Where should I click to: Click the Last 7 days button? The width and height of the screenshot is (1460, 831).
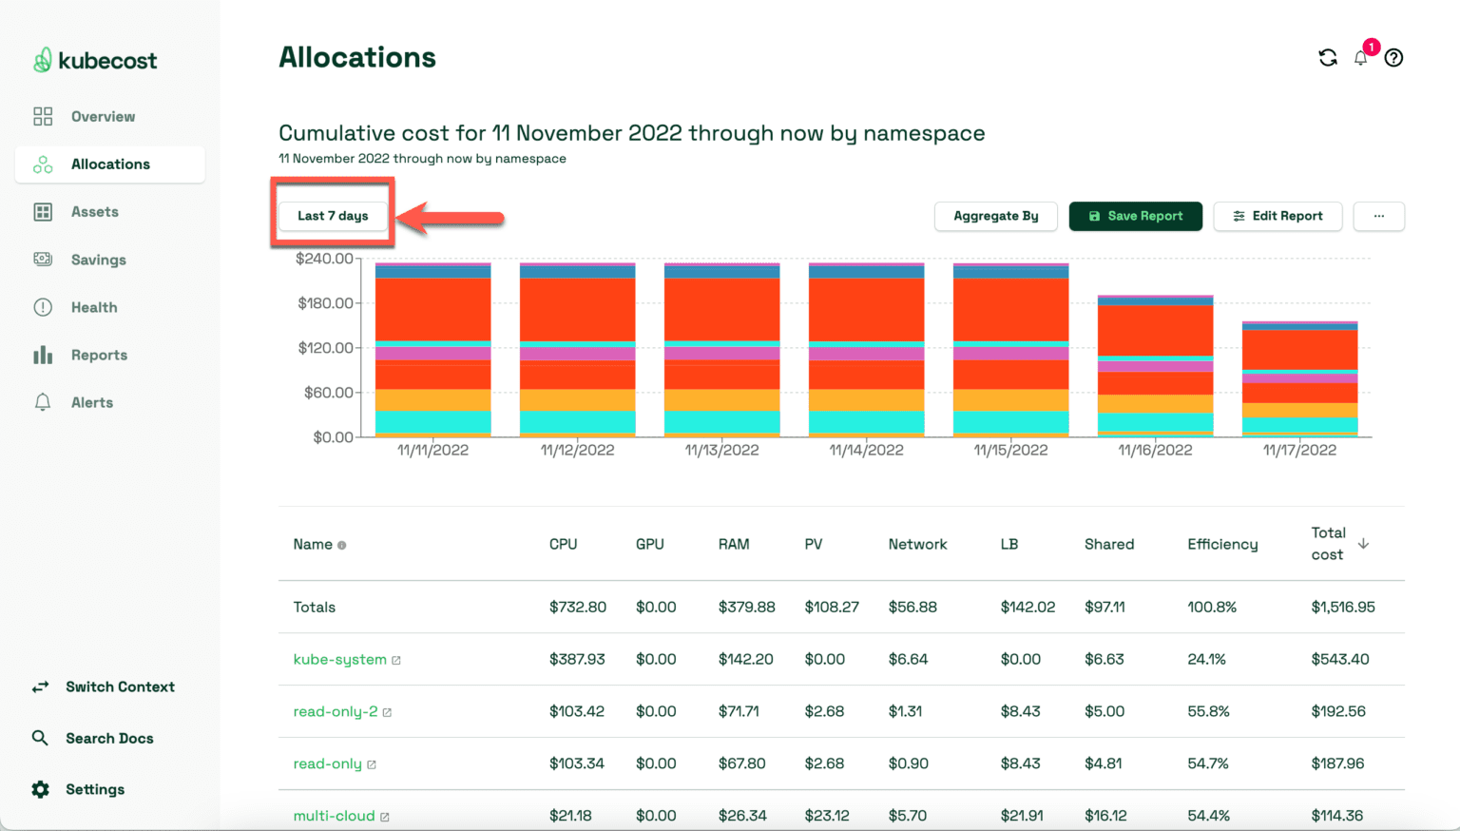(x=333, y=216)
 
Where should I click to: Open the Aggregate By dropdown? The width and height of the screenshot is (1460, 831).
(x=995, y=216)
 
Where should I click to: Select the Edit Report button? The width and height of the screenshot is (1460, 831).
(x=1277, y=216)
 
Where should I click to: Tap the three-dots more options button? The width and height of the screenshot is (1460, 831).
(x=1378, y=216)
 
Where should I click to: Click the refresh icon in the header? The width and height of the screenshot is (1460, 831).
(x=1328, y=58)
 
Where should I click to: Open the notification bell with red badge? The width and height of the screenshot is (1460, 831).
(x=1361, y=58)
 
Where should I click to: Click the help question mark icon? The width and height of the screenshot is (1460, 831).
(x=1393, y=58)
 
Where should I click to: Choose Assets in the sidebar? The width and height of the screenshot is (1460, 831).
(x=94, y=212)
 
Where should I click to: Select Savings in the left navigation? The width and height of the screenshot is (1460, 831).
(x=98, y=260)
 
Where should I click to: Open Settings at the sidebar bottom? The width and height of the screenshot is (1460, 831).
(x=94, y=789)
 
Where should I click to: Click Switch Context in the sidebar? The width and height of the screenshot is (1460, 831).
(x=120, y=686)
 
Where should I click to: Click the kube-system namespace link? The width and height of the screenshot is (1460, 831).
(x=339, y=659)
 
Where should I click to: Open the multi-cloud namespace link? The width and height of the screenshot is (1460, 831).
(x=334, y=816)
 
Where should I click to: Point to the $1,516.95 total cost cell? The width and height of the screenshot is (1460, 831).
(x=1342, y=607)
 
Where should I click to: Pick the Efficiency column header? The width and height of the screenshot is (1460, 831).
(x=1222, y=544)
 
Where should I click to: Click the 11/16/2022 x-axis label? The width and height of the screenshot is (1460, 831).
(x=1155, y=450)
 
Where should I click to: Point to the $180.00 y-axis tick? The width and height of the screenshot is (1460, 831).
(x=325, y=303)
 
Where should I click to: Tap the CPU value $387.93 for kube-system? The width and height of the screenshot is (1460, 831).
(x=577, y=659)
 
